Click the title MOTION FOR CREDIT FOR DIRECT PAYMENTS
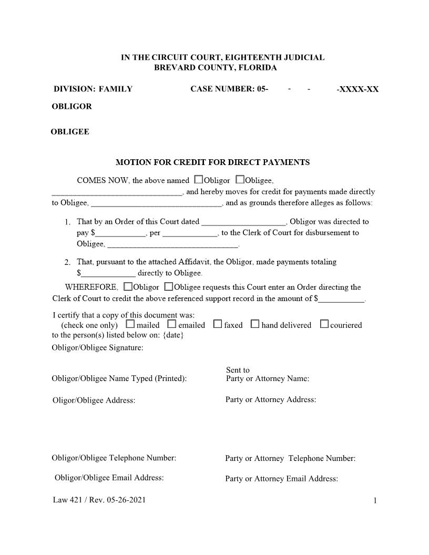tap(212, 162)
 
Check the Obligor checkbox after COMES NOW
tap(198, 180)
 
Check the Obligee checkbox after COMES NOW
tap(240, 180)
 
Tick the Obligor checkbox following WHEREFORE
tap(128, 287)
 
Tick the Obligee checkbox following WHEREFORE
tap(168, 287)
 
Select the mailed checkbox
tap(130, 324)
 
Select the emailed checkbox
tap(172, 324)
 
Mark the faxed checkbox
tap(218, 324)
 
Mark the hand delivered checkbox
tap(255, 324)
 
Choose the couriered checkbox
tap(324, 324)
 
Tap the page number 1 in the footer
tap(375, 501)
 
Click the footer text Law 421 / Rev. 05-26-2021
tap(99, 500)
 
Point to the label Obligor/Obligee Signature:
tap(97, 348)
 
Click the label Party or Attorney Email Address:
tap(281, 479)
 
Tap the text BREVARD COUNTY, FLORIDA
tap(215, 68)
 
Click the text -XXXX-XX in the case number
tap(357, 89)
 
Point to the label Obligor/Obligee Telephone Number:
tap(114, 458)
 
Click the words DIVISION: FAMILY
tap(93, 89)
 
